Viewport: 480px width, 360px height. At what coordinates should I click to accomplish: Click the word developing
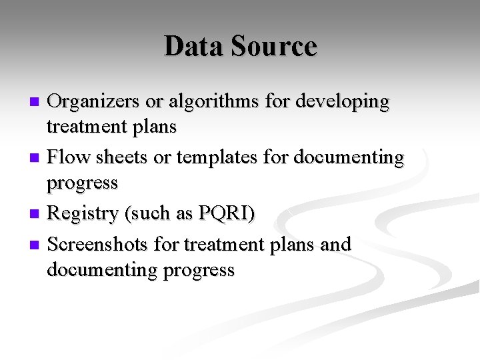point(343,101)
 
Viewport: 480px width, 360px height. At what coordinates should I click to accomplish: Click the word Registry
point(83,213)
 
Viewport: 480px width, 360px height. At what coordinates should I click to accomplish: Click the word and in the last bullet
point(335,245)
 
